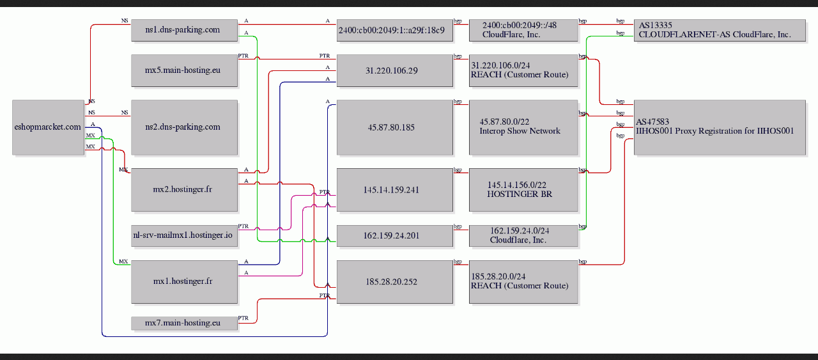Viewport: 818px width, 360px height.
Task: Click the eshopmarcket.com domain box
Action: point(48,127)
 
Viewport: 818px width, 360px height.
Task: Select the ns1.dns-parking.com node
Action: point(185,30)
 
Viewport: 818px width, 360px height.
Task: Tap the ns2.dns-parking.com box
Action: point(185,127)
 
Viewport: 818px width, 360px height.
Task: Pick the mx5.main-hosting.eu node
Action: point(185,70)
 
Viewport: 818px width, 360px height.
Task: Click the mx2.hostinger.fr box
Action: point(185,190)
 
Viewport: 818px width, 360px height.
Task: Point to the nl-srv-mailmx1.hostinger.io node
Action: point(185,236)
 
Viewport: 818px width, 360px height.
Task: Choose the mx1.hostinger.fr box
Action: point(185,282)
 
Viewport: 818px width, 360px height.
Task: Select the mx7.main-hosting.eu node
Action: point(185,323)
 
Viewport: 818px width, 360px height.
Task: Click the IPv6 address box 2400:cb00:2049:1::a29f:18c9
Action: point(395,30)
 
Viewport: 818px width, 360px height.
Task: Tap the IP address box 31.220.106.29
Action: point(395,70)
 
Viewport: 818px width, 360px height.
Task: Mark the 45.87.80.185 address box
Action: point(395,127)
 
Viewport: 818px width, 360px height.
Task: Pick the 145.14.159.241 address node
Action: point(395,190)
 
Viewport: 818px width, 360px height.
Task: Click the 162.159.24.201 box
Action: point(395,236)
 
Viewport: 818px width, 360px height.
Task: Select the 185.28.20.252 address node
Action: point(395,282)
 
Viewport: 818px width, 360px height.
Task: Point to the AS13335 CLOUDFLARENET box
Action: point(720,30)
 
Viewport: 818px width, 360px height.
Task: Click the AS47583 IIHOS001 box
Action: point(720,127)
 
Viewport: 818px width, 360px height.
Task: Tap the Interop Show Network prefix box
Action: point(523,127)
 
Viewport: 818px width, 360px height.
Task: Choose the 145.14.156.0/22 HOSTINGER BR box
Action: point(523,190)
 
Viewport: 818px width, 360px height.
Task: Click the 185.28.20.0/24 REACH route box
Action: point(523,282)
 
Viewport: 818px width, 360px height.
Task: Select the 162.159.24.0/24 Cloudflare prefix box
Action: point(523,236)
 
